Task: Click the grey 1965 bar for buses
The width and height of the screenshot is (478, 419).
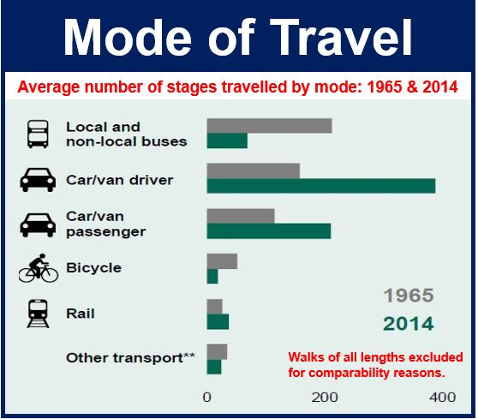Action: click(269, 126)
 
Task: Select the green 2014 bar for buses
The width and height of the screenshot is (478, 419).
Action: click(227, 141)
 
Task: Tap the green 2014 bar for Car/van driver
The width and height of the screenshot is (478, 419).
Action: click(321, 186)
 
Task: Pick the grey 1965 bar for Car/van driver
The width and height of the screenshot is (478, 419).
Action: click(253, 171)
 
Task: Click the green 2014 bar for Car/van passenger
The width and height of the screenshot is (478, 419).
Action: click(269, 231)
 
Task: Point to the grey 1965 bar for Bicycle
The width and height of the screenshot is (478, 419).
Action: click(222, 261)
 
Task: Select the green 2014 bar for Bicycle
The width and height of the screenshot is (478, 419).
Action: click(212, 276)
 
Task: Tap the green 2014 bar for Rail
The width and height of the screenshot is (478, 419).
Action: click(218, 321)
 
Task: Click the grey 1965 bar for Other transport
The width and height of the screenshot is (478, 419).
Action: click(217, 351)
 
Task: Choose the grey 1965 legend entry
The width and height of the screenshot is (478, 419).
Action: click(409, 296)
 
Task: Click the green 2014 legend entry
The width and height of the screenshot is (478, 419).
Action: click(409, 324)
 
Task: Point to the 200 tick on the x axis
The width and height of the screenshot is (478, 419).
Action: click(325, 398)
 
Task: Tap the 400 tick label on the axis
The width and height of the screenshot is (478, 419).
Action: click(443, 398)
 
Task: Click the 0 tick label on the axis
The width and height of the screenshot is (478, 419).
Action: click(207, 398)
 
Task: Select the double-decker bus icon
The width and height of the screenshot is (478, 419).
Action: click(38, 135)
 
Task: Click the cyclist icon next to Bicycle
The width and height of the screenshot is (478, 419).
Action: click(39, 268)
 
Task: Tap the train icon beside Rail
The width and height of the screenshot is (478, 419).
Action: click(38, 314)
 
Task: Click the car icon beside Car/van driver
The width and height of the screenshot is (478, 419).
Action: click(38, 180)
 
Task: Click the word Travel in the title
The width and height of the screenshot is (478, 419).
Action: click(341, 37)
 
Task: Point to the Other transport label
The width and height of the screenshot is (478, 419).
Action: click(130, 358)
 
